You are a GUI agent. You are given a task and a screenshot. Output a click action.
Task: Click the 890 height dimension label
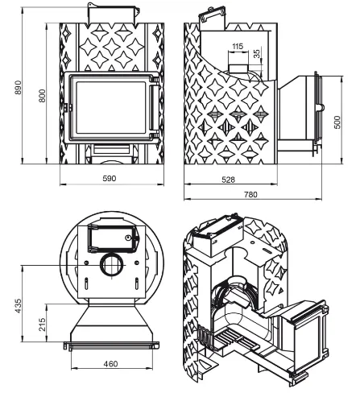(x=18, y=87)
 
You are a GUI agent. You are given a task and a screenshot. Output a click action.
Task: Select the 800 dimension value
(x=42, y=96)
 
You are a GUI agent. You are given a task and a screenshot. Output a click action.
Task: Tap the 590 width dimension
(x=110, y=178)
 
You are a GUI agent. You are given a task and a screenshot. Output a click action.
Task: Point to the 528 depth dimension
(x=229, y=180)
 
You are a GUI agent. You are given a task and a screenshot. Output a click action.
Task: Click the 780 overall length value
(x=250, y=194)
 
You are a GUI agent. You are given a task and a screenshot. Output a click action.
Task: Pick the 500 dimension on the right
(x=337, y=122)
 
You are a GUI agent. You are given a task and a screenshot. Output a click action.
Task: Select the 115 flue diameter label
(x=238, y=46)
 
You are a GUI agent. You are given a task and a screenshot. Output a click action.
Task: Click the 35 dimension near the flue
(x=257, y=53)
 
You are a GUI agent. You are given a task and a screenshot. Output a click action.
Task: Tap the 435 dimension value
(x=18, y=306)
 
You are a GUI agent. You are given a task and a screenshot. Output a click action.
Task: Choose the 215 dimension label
(x=42, y=325)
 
